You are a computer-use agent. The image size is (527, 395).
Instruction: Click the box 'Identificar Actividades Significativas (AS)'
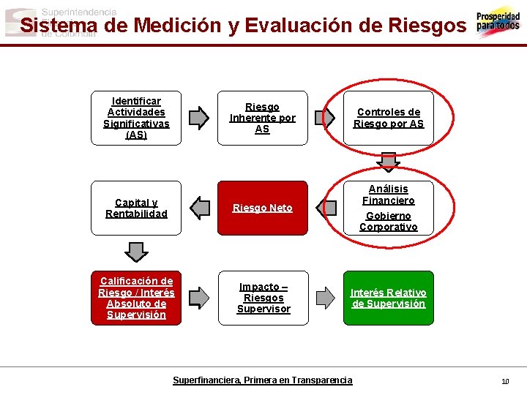click(136, 118)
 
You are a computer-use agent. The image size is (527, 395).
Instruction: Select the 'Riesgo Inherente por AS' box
click(263, 118)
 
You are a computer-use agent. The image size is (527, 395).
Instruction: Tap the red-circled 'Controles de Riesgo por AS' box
click(389, 118)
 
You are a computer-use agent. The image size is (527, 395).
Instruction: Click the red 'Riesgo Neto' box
click(263, 208)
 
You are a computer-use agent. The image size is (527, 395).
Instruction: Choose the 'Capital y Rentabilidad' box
click(136, 208)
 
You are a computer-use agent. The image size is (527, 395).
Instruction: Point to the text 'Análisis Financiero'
click(388, 195)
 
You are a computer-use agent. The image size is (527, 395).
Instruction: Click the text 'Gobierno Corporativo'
click(388, 221)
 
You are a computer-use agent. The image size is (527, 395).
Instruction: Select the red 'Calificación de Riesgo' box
click(136, 298)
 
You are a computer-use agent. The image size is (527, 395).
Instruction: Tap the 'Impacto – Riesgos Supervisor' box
click(263, 298)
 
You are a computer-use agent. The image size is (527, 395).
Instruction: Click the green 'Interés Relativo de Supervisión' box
click(389, 298)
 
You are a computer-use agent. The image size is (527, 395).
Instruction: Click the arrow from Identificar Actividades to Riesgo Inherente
click(199, 118)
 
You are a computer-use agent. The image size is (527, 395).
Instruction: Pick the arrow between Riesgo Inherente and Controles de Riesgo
click(324, 118)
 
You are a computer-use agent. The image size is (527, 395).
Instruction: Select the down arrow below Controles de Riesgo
click(389, 161)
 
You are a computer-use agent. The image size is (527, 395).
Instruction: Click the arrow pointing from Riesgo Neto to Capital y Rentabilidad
click(199, 208)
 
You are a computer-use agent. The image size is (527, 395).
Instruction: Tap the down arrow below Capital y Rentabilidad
click(136, 252)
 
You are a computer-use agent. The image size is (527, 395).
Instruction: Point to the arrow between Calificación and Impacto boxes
click(199, 298)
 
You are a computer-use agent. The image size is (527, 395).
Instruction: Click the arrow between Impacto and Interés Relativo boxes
click(326, 298)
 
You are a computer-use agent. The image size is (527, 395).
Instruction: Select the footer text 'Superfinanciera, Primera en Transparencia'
click(262, 380)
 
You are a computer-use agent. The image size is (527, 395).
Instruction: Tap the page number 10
click(505, 382)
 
